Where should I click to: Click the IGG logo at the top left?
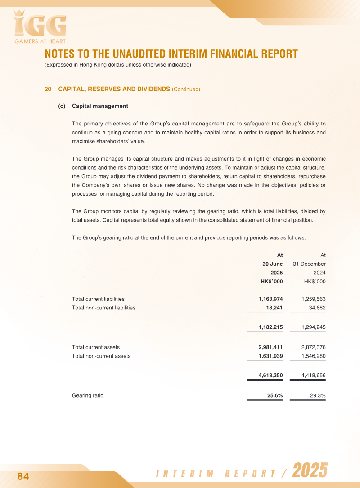pos(40,26)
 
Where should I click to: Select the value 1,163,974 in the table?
pos(270,299)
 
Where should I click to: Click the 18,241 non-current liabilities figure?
pos(274,308)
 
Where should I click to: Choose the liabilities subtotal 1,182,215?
pos(270,327)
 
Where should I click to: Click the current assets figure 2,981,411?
pos(270,347)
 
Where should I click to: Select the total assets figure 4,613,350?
pos(270,376)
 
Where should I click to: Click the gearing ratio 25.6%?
pos(275,396)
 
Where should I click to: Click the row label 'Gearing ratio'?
pos(88,396)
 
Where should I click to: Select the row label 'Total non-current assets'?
pos(101,356)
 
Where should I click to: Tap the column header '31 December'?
pos(309,264)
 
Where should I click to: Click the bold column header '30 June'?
pos(273,264)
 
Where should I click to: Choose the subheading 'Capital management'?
pos(100,106)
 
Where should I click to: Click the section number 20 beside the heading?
pos(48,89)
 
